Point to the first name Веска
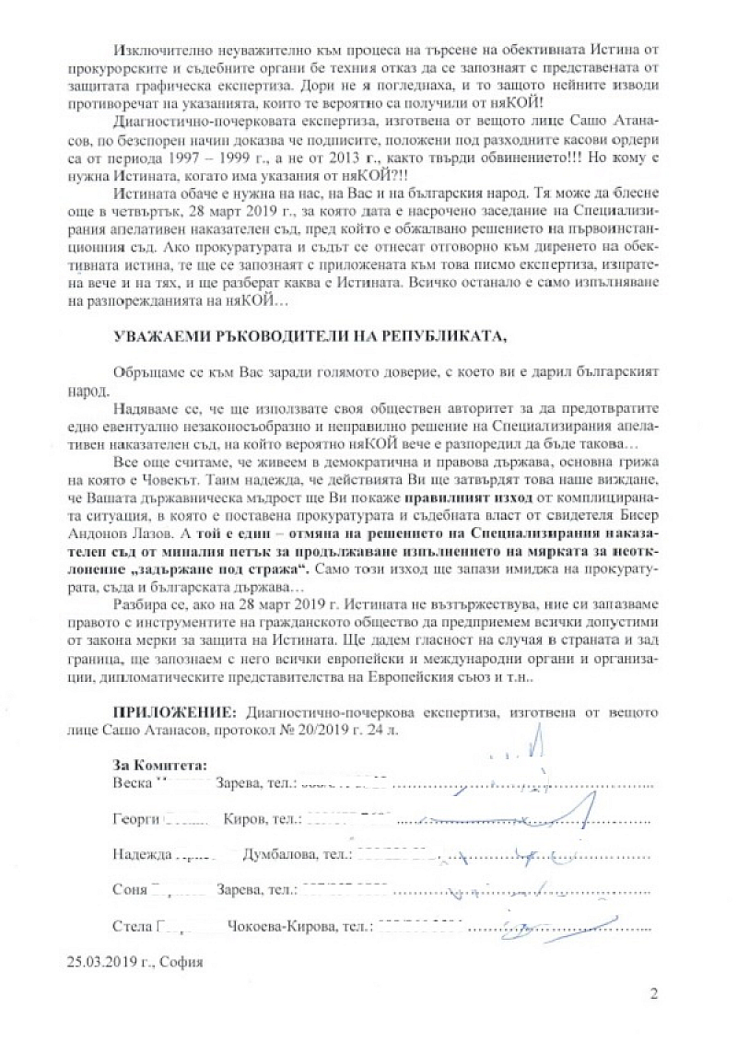[129, 784]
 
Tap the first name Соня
[128, 891]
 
